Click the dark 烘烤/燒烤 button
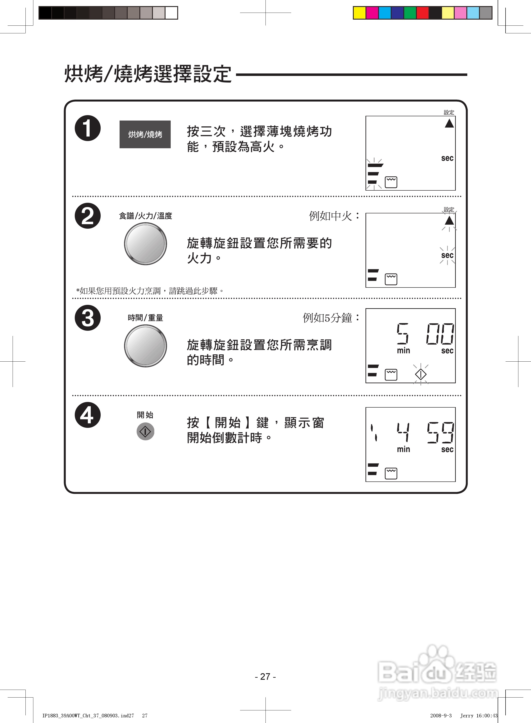tap(145, 135)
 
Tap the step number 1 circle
tap(88, 128)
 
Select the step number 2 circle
tap(88, 216)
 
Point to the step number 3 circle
tap(88, 318)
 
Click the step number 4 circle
tap(88, 415)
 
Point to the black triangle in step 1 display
tap(449, 123)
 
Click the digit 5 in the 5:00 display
tap(402, 334)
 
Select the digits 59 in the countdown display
tap(440, 433)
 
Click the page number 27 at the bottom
tap(265, 677)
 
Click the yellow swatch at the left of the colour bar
tap(360, 13)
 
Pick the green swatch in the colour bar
tap(410, 13)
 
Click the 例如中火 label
tap(334, 216)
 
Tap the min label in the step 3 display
tap(403, 351)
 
